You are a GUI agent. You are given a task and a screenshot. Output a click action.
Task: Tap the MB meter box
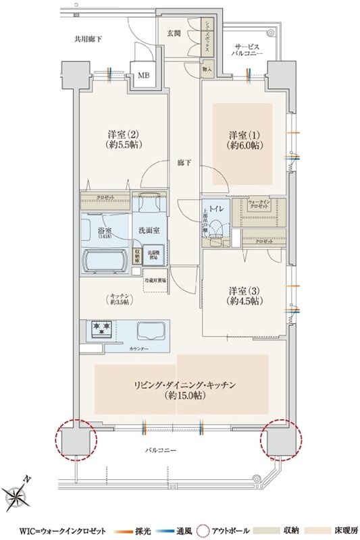tap(144, 76)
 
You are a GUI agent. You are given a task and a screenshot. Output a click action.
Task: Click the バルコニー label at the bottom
tap(164, 448)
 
